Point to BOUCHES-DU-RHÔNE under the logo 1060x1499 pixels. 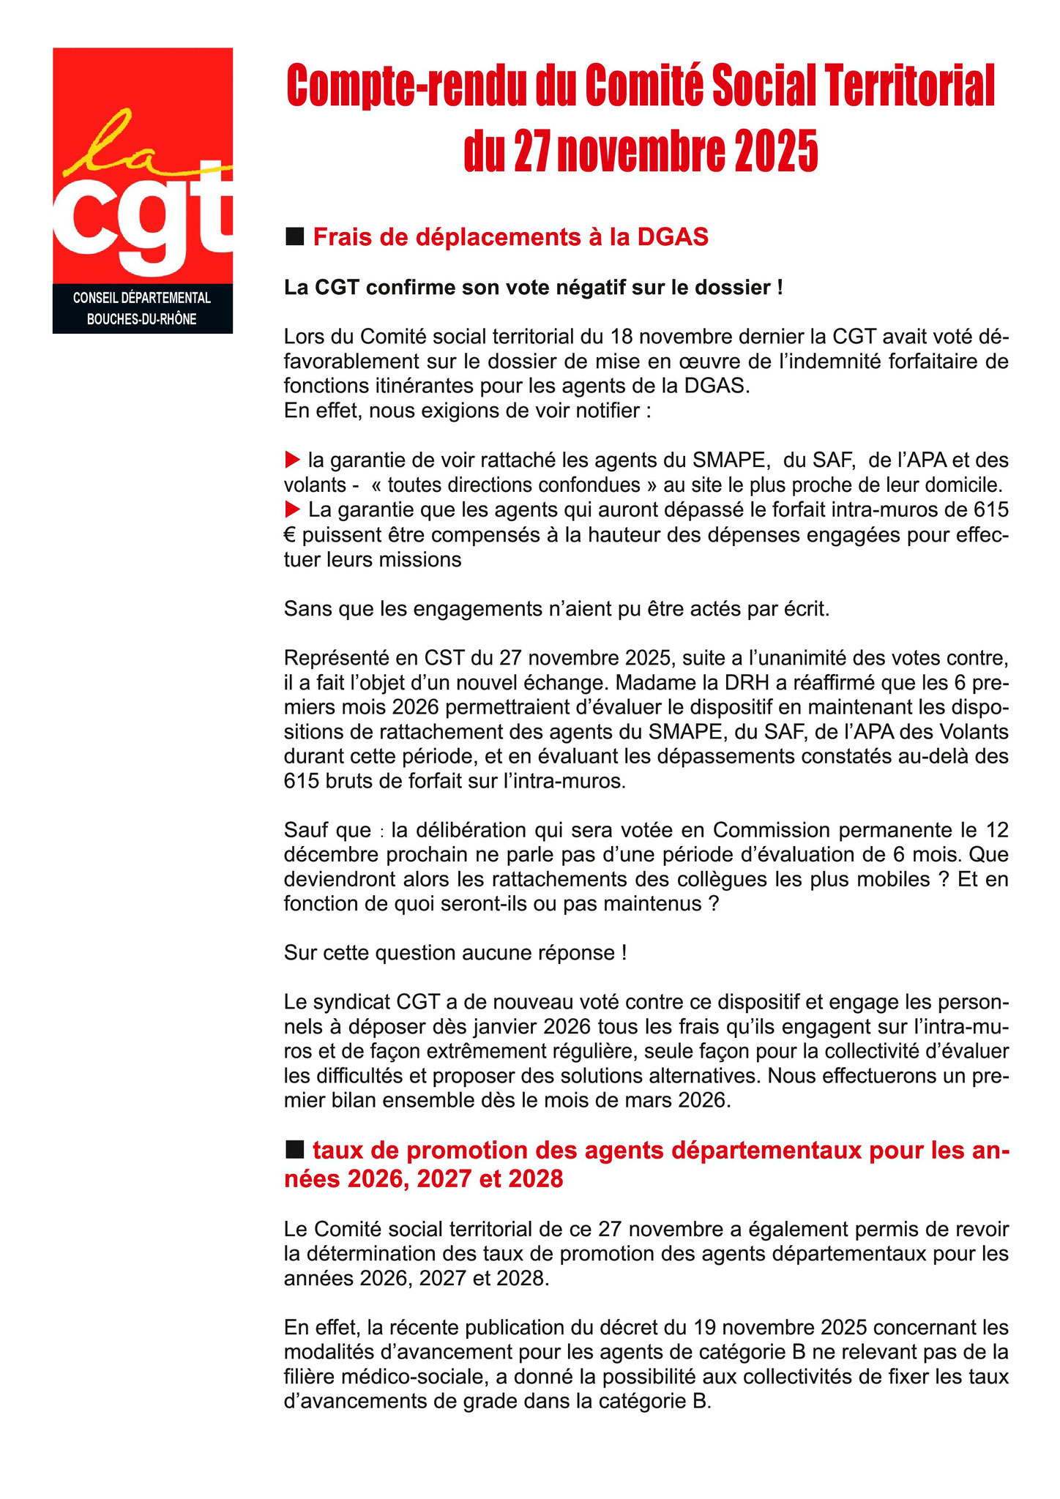tap(141, 319)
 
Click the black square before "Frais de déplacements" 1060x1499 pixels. tap(294, 236)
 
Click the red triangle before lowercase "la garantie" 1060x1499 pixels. tap(292, 460)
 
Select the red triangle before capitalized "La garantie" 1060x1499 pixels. tap(292, 508)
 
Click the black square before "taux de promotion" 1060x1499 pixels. tap(294, 1151)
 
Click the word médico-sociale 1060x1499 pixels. tap(417, 1376)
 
